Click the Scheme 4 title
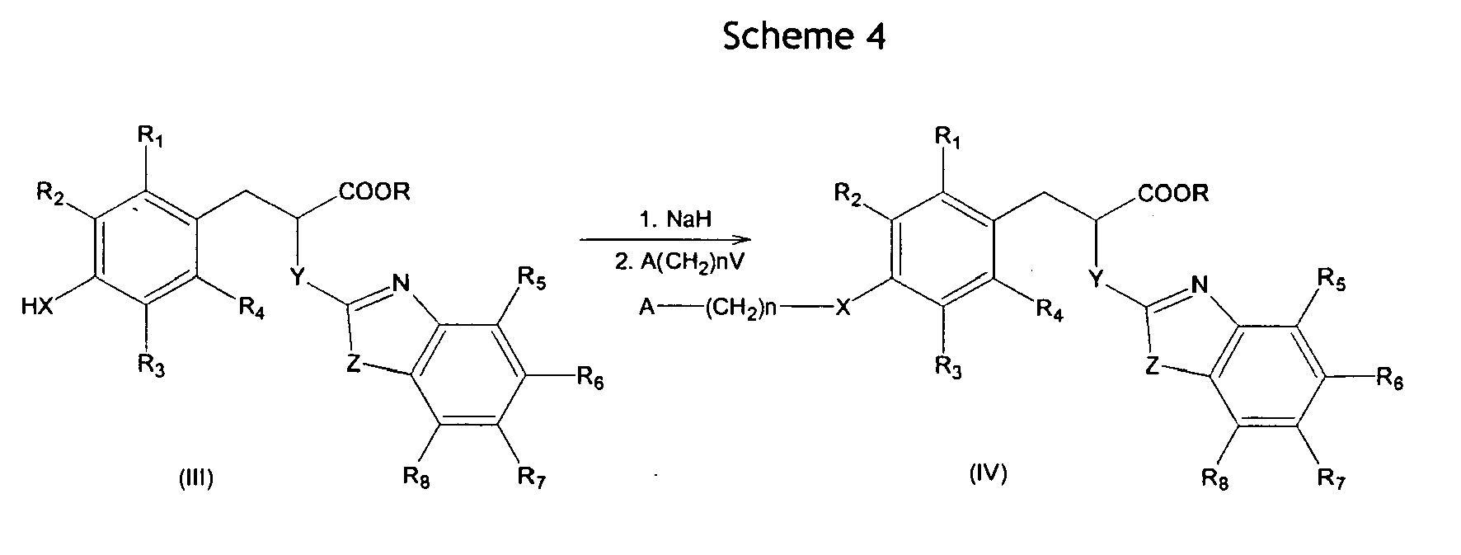pyautogui.click(x=804, y=36)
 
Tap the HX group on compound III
pyautogui.click(x=39, y=308)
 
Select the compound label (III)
pyautogui.click(x=195, y=478)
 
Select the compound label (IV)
pyautogui.click(x=988, y=474)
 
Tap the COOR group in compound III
pyautogui.click(x=373, y=192)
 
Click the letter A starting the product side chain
pyautogui.click(x=647, y=309)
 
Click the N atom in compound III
pyautogui.click(x=401, y=284)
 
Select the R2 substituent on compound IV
pyautogui.click(x=848, y=195)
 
